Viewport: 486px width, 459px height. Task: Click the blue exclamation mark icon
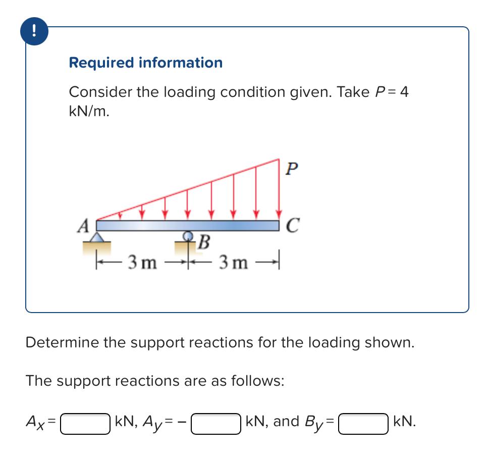(33, 32)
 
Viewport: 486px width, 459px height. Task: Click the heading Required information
(145, 63)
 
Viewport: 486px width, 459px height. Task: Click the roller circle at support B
(188, 236)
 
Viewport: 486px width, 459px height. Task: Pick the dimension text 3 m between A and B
(142, 262)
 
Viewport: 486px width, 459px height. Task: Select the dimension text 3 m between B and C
(233, 262)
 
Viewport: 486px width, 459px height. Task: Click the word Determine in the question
(62, 342)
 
